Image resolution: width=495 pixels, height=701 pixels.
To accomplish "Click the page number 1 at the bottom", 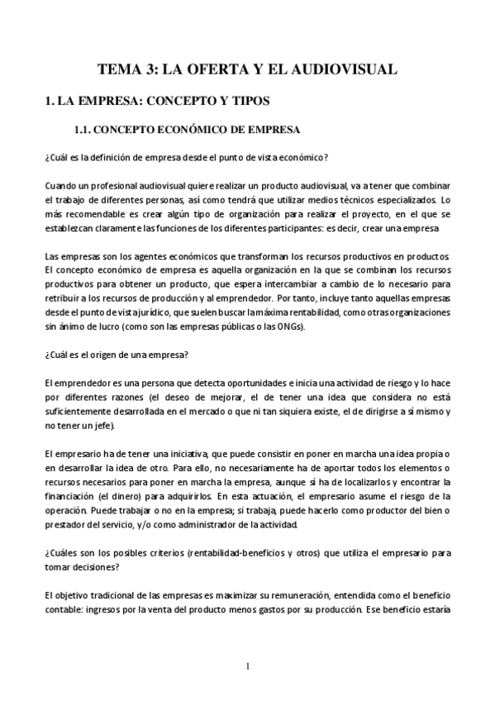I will (x=248, y=665).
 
